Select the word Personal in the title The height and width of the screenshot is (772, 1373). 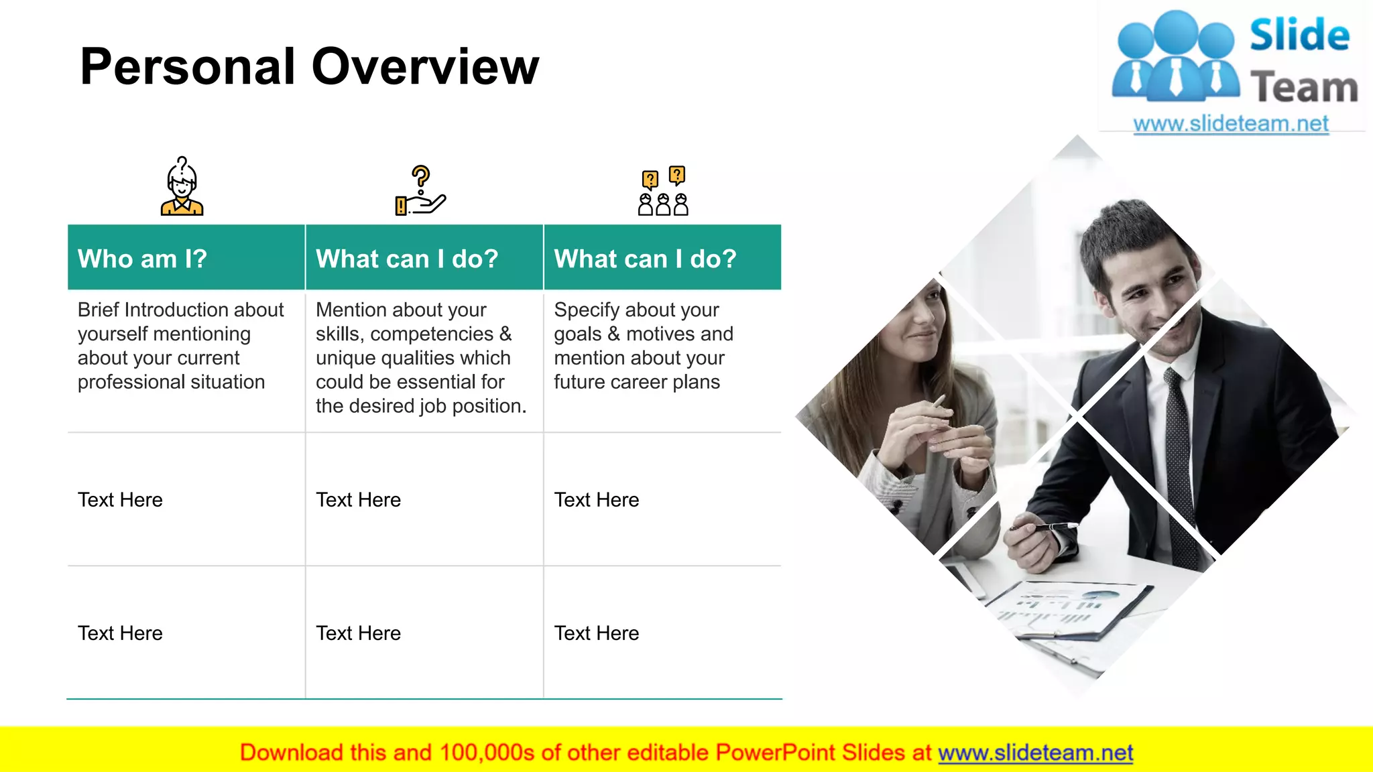click(x=188, y=67)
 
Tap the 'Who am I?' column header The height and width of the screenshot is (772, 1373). click(x=142, y=259)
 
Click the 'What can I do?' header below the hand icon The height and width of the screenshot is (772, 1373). click(x=407, y=259)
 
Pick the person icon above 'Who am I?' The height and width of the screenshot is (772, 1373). click(x=182, y=187)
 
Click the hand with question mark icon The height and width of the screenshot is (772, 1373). click(x=420, y=191)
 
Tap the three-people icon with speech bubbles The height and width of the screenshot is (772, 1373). click(x=663, y=192)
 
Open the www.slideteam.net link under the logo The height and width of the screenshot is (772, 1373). click(x=1231, y=124)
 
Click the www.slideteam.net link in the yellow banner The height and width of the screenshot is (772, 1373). click(x=1035, y=753)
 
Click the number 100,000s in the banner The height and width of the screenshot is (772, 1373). click(x=487, y=753)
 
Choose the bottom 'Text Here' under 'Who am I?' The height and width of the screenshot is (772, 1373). click(x=120, y=633)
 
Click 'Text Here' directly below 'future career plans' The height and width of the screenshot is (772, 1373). click(x=596, y=500)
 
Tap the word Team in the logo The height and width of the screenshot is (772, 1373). click(x=1304, y=88)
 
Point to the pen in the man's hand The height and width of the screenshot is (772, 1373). click(x=1046, y=527)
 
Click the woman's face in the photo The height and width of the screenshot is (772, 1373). click(x=918, y=322)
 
